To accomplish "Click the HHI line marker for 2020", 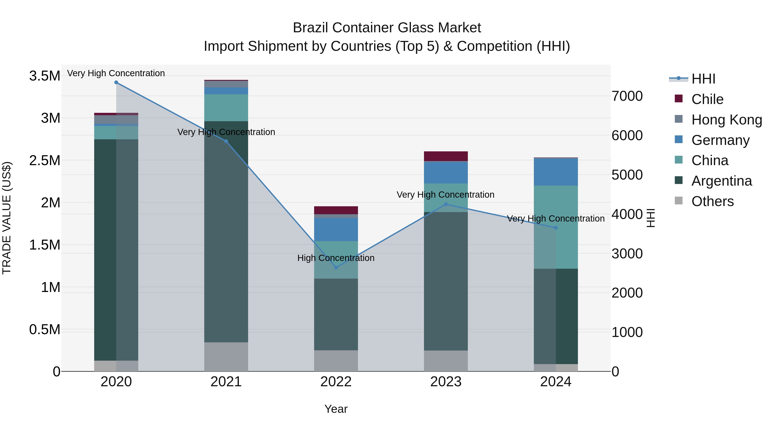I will [116, 82].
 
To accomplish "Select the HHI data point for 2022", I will [336, 267].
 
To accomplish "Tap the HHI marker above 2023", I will [446, 204].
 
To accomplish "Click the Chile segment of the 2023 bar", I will [446, 156].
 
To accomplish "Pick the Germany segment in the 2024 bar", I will [556, 172].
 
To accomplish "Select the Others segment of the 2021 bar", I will [226, 357].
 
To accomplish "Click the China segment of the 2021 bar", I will [226, 108].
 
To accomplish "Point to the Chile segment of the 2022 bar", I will [336, 210].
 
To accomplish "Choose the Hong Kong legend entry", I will [726, 120].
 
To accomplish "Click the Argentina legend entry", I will [721, 181].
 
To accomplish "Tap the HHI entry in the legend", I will [703, 79].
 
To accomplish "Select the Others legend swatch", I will [679, 201].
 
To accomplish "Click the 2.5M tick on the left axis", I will [45, 160].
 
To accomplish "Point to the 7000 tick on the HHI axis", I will [627, 96].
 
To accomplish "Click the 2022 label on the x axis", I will [336, 382].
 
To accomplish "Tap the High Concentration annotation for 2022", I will [336, 258].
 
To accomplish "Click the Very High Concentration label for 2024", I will [556, 219].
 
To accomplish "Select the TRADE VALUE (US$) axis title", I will [7, 218].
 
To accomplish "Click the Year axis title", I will [336, 409].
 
